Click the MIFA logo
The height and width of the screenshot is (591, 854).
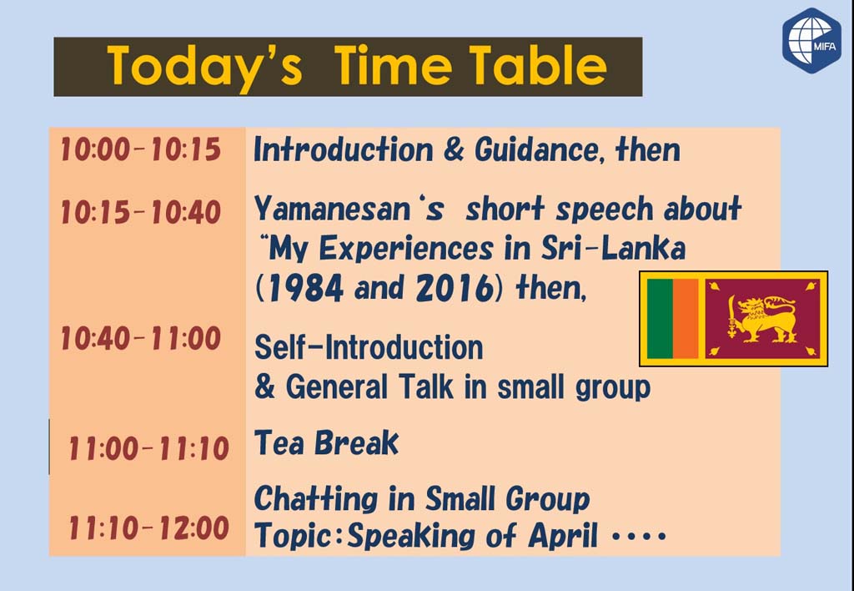point(812,40)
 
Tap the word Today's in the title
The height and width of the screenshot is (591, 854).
point(204,67)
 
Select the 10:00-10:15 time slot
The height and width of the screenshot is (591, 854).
point(140,149)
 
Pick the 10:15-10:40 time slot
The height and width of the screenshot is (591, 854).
point(140,212)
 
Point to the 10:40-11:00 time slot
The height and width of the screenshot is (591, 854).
point(140,339)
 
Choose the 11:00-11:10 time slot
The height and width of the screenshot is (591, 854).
point(148,449)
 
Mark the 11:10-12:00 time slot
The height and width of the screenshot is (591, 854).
point(148,528)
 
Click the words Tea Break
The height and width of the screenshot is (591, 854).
point(326,442)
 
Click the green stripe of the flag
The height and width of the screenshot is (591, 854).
point(661,319)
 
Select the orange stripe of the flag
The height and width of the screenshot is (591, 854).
point(686,319)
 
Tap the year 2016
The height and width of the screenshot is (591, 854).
point(455,288)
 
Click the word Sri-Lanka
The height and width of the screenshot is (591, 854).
point(613,249)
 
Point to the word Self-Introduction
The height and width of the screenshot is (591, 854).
point(369,347)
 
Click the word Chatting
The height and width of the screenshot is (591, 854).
point(316,499)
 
